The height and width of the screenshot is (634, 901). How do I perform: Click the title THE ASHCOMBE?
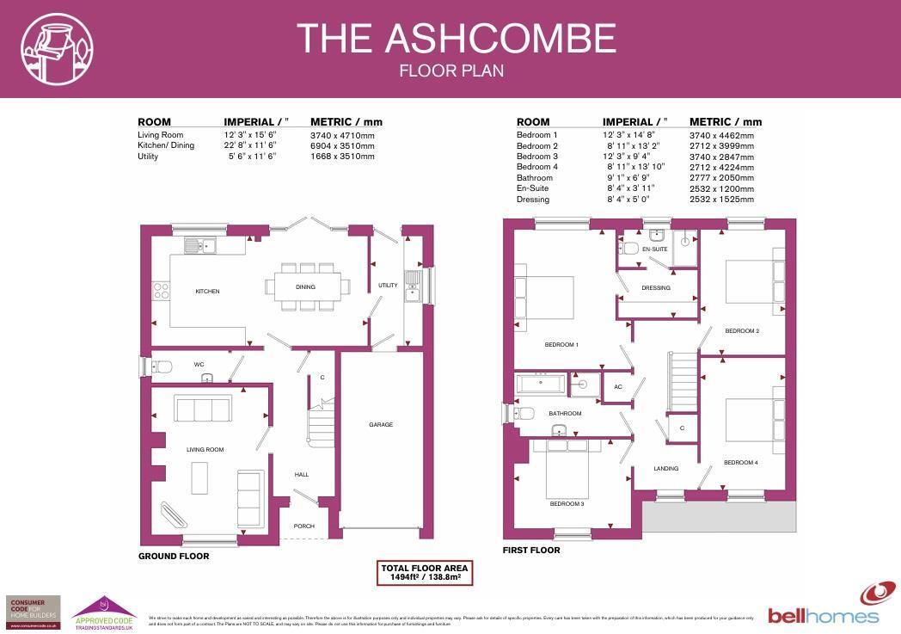click(x=456, y=39)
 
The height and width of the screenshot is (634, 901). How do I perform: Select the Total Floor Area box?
click(x=426, y=573)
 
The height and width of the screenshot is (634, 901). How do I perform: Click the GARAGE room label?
click(x=381, y=425)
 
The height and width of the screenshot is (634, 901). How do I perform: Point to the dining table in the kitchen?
click(x=307, y=286)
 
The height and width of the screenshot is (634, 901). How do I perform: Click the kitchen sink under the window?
click(x=199, y=246)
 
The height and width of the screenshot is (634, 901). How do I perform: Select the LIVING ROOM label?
click(x=205, y=450)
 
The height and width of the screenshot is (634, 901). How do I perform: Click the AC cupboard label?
click(x=617, y=387)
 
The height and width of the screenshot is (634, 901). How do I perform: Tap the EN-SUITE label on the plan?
click(x=654, y=249)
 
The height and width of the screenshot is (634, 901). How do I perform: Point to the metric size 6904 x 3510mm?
click(x=342, y=145)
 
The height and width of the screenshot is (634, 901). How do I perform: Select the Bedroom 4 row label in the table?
click(x=536, y=167)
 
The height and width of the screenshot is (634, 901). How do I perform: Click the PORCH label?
click(x=303, y=526)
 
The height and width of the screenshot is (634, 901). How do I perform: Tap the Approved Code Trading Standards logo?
click(x=103, y=614)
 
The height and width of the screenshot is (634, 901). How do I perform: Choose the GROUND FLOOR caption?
click(x=174, y=557)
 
